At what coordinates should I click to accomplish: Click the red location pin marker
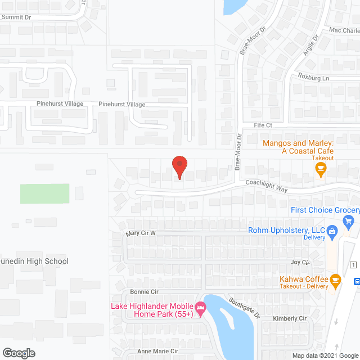pos(179,167)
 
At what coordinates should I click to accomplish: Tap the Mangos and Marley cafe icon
pos(321,169)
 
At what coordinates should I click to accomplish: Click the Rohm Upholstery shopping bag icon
pos(332,230)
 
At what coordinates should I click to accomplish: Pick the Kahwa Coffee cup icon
pos(335,280)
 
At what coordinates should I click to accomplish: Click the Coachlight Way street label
pos(266,186)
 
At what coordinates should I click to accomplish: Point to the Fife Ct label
pos(263,125)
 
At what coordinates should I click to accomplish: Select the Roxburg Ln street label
pos(313,76)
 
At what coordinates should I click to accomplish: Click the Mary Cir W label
pos(141,233)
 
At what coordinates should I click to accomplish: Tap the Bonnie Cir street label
pos(144,292)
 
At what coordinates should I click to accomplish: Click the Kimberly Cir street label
pos(289,319)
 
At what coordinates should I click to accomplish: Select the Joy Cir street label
pos(300,262)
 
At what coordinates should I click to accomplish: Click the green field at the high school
pos(45,193)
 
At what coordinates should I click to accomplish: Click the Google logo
pos(18,353)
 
